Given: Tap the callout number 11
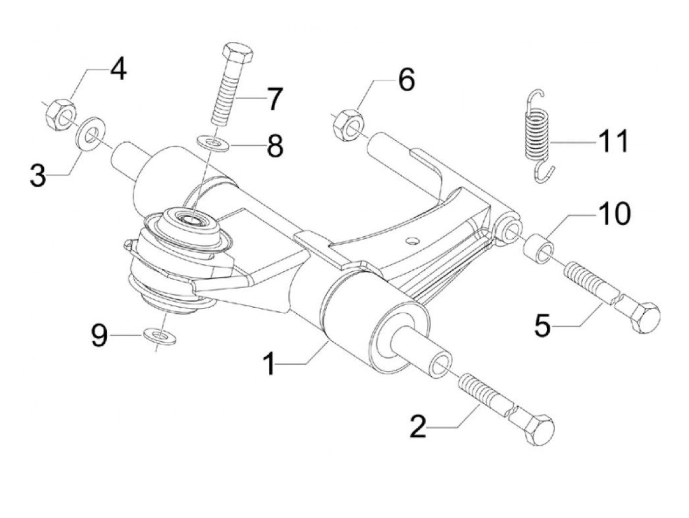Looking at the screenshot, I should [x=613, y=141].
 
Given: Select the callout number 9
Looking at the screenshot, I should [x=99, y=337].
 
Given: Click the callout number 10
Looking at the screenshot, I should [x=614, y=214].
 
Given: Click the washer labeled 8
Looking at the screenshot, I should [x=212, y=143].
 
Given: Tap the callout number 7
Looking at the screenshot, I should [x=274, y=99].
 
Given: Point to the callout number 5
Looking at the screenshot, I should [x=543, y=324].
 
